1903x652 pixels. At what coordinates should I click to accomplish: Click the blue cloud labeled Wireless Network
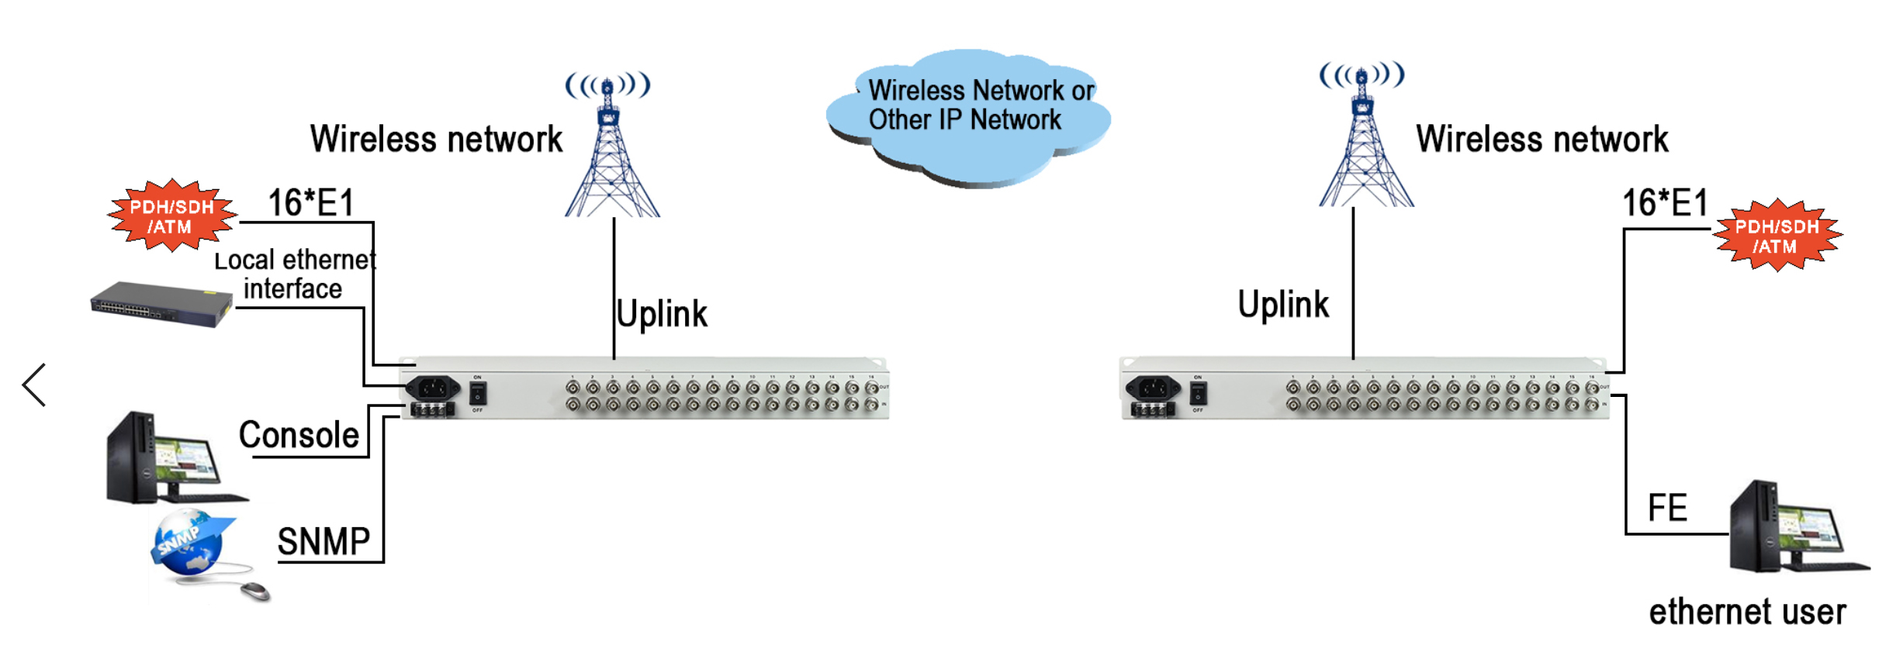pos(968,116)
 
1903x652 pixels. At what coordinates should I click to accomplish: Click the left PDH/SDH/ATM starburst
pos(171,216)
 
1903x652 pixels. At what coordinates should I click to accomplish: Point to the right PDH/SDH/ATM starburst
pos(1777,236)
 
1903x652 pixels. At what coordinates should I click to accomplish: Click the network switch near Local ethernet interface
pos(161,304)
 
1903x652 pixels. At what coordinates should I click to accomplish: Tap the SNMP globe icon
pos(189,542)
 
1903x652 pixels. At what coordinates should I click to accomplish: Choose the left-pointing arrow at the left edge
pos(34,385)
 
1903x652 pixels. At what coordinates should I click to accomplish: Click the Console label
pos(299,435)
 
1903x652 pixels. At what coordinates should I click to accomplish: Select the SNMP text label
pos(324,541)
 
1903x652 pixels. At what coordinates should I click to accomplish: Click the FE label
pos(1667,509)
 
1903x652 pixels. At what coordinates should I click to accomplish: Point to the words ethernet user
pos(1747,612)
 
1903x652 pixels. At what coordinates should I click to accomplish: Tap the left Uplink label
pos(662,314)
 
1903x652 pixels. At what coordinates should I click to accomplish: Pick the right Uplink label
pos(1283,304)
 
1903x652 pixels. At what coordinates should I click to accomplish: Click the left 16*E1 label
pos(310,203)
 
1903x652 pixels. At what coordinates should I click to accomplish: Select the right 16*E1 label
pos(1665,203)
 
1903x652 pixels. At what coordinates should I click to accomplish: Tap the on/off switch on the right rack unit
pos(1198,393)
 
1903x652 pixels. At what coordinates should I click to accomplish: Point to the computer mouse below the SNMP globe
pos(254,592)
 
